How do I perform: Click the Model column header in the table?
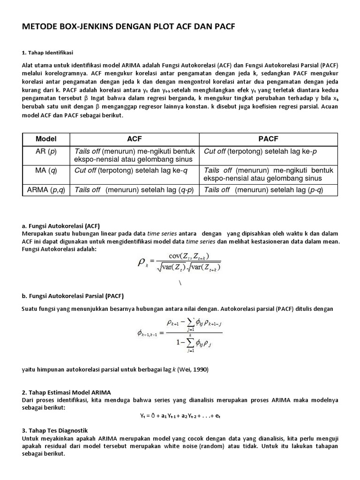46,139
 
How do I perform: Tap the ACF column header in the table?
134,139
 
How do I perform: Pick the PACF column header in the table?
268,139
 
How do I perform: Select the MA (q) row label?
46,171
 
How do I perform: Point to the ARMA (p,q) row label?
46,190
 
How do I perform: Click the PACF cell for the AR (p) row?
261,151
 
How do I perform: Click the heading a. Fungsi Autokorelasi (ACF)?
61,225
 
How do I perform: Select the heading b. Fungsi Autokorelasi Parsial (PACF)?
72,296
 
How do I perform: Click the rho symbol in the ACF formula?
142,262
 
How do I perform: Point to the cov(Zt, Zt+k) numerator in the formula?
185,255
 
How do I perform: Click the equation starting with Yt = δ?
180,415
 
